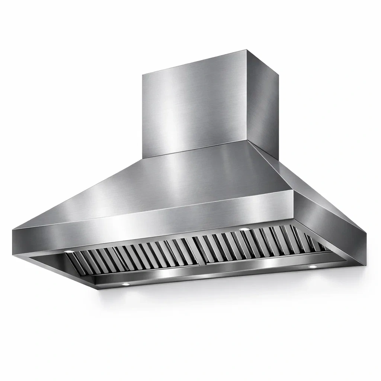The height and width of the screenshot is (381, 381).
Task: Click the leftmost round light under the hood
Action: click(x=69, y=252)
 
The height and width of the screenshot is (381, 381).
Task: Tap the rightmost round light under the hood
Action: click(x=312, y=266)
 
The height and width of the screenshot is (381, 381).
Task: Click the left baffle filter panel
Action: click(x=134, y=257)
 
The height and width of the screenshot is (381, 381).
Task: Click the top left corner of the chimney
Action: click(x=143, y=74)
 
